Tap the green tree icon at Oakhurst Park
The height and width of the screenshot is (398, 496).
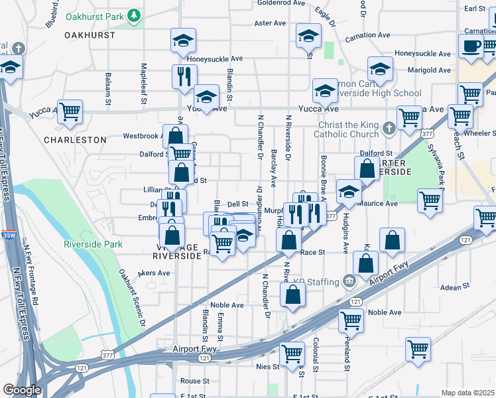pos(134,14)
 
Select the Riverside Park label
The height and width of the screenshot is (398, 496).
pos(93,244)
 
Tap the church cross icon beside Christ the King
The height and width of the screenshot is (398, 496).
pos(389,127)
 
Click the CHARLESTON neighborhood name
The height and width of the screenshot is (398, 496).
pos(75,140)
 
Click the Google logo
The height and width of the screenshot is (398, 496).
pos(22,389)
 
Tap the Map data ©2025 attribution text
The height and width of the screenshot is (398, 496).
pos(468,393)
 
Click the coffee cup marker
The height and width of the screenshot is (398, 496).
pos(471,46)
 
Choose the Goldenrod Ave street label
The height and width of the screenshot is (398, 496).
pos(280,3)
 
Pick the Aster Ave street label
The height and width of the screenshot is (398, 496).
pos(270,23)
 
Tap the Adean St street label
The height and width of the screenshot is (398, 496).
pos(455,287)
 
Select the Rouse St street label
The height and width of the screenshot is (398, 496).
pos(195,381)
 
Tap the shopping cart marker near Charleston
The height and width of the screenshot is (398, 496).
pos(70,113)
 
